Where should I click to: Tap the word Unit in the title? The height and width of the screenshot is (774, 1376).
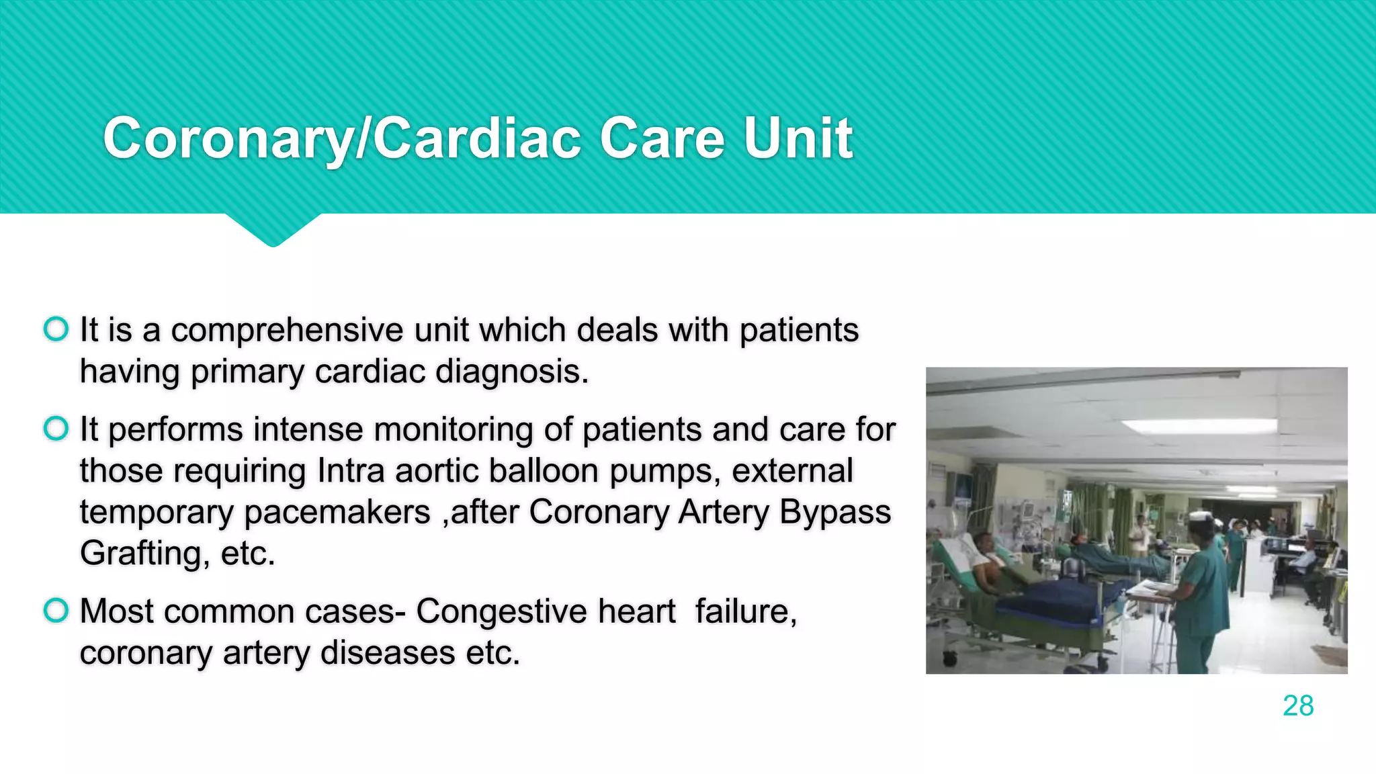[x=798, y=138]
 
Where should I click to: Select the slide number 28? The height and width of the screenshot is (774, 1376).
[x=1297, y=706]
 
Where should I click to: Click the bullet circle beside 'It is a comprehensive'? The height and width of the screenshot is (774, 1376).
[x=56, y=329]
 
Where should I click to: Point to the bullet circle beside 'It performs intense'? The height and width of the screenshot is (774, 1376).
[x=56, y=428]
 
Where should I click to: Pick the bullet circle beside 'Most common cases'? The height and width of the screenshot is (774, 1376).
[x=56, y=610]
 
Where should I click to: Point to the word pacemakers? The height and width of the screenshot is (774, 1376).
[x=337, y=513]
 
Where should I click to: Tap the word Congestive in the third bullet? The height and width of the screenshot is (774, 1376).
[x=546, y=612]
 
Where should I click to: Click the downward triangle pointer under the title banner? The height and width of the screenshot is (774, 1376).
[x=273, y=230]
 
